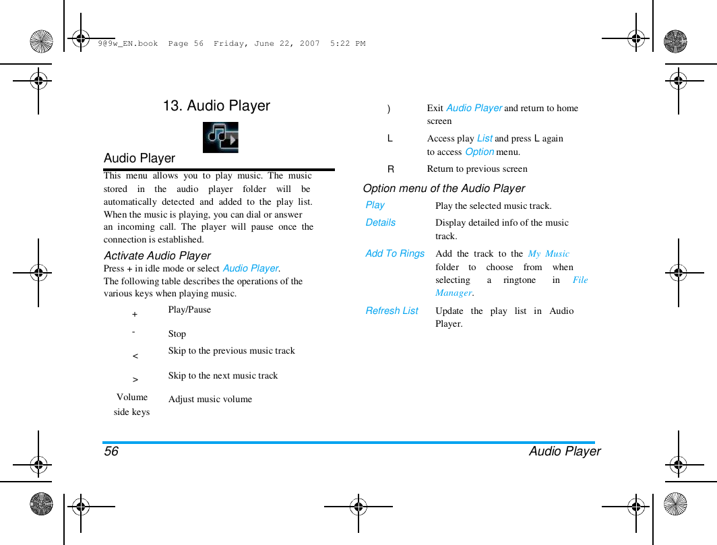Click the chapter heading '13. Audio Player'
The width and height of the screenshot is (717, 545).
(216, 106)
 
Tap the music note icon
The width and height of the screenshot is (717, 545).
(220, 137)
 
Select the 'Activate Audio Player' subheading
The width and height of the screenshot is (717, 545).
(157, 255)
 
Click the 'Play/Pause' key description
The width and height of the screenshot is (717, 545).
(189, 310)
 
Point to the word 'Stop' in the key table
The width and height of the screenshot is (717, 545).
(177, 334)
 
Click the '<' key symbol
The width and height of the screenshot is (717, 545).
(135, 355)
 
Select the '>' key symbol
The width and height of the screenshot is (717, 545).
(135, 380)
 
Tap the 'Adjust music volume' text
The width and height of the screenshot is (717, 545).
(210, 399)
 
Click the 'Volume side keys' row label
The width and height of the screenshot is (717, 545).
(132, 404)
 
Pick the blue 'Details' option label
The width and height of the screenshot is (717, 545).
(381, 223)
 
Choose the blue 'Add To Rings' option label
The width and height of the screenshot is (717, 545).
(395, 254)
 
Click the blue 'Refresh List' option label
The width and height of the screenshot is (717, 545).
(392, 311)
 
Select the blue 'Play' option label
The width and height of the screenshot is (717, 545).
(375, 205)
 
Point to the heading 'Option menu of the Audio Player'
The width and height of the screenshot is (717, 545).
(444, 189)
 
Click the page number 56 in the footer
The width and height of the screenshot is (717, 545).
(111, 451)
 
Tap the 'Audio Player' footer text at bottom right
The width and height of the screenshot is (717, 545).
(565, 451)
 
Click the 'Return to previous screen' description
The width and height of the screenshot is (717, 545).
(477, 169)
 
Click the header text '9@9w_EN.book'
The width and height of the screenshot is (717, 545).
(127, 44)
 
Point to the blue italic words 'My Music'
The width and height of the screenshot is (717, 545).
(549, 254)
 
